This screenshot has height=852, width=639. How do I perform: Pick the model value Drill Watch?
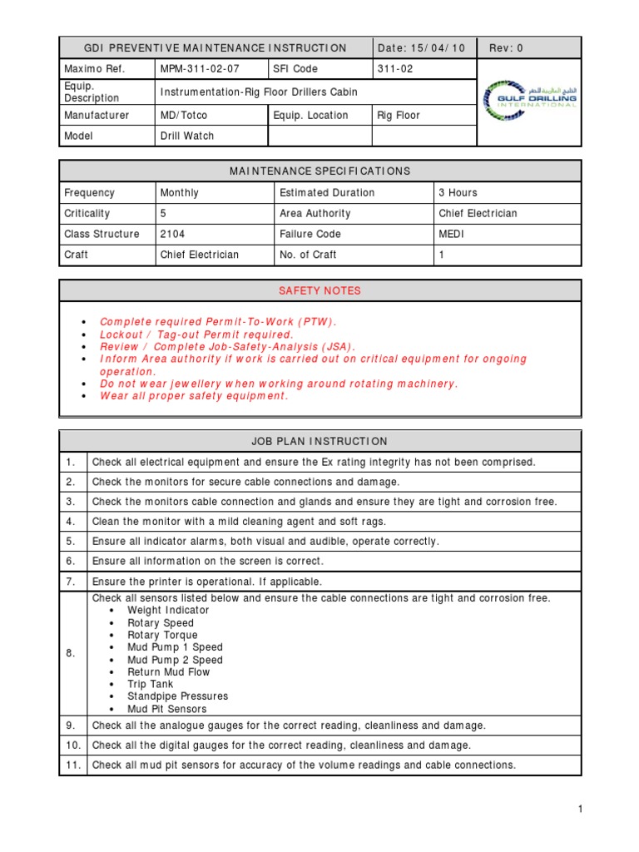coord(186,136)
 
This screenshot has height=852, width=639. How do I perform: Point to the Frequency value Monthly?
coord(179,192)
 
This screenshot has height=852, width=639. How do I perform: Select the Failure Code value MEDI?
coord(452,234)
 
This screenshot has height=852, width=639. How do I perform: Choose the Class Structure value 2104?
coord(172,234)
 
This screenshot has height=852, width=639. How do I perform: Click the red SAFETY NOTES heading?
coord(319,290)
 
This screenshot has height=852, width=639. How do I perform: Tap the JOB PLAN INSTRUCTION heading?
coord(319,441)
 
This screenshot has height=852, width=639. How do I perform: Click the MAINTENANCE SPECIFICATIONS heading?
coord(319,171)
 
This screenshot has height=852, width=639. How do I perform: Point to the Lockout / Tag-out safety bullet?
coord(196,334)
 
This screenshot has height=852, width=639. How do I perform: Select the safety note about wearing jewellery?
coord(279,384)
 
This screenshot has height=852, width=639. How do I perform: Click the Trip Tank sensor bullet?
coord(150,684)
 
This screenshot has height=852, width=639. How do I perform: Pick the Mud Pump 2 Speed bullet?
coord(175,660)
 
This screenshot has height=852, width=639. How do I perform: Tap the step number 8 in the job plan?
coord(72,653)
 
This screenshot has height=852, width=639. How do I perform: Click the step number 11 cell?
coord(72,765)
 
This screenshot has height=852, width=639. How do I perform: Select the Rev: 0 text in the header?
coord(506,48)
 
